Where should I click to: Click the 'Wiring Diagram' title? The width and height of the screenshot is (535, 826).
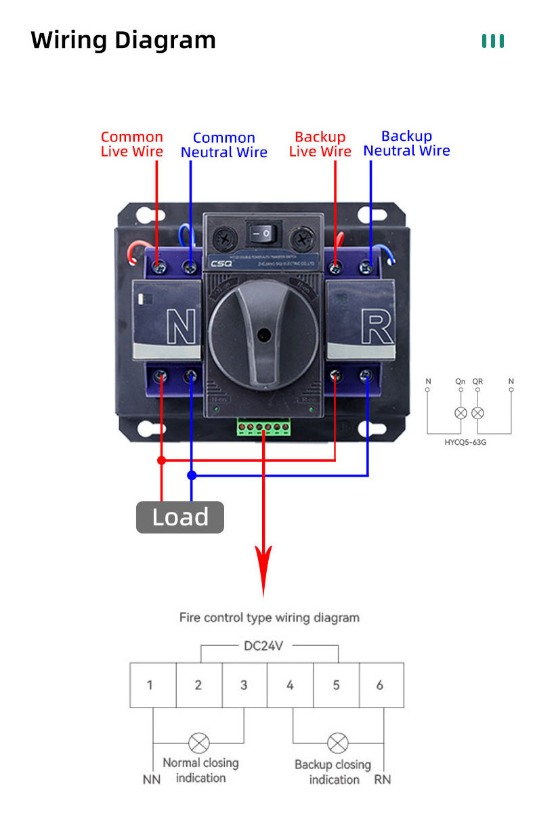[123, 40]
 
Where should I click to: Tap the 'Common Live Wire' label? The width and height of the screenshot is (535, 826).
[132, 144]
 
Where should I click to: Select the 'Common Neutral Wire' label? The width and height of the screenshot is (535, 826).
[224, 145]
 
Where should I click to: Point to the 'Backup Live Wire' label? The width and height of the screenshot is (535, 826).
[320, 144]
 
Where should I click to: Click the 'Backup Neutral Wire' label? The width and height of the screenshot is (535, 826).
[406, 144]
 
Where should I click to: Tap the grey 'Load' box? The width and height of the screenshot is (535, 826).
[180, 517]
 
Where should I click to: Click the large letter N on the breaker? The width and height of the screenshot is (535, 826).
[180, 328]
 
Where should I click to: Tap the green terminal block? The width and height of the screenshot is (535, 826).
[263, 427]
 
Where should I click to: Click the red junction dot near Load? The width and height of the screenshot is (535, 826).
[161, 460]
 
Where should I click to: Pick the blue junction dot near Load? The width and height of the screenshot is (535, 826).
[192, 475]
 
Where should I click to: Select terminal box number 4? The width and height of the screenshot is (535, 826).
[290, 685]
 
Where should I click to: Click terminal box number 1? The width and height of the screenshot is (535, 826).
[150, 685]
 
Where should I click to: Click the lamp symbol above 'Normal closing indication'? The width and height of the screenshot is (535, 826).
[198, 743]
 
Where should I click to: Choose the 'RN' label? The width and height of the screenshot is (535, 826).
[383, 780]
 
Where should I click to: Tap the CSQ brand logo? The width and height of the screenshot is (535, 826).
[221, 264]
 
